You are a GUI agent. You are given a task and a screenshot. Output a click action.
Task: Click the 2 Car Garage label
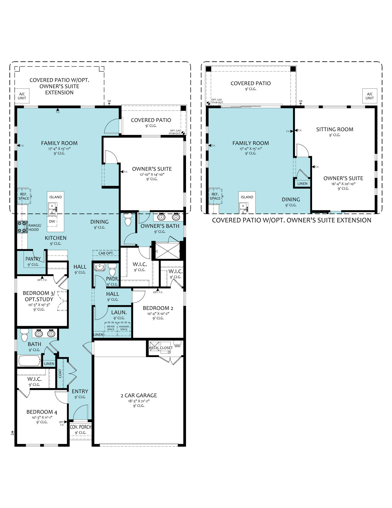point(139,395)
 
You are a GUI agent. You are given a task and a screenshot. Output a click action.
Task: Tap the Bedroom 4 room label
point(42,412)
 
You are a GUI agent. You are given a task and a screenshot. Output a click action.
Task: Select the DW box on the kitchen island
point(52,221)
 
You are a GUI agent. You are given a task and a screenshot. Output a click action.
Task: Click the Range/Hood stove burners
point(22,227)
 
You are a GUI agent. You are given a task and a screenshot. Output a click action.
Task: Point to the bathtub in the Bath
point(29,361)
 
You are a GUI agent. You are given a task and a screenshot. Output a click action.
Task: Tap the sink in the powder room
point(99,267)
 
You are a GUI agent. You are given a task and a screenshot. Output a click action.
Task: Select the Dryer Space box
point(111,329)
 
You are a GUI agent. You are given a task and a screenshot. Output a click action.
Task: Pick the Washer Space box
point(124,329)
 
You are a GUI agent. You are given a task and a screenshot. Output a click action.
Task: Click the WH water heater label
point(177,346)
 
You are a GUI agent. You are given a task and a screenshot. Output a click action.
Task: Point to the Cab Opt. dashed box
point(106,253)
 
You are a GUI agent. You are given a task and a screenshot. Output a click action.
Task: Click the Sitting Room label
point(335,129)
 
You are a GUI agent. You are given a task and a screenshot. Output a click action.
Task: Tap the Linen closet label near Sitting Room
point(302,183)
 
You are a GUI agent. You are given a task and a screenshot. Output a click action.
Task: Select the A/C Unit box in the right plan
point(370,96)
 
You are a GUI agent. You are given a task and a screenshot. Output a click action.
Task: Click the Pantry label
point(33,259)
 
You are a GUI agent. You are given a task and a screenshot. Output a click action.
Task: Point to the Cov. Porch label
point(81,427)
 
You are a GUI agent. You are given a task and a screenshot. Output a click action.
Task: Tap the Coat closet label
point(60,373)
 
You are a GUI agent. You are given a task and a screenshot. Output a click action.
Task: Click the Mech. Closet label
point(160,348)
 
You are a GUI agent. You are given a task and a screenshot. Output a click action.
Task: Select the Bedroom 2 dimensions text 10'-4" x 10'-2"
point(158,313)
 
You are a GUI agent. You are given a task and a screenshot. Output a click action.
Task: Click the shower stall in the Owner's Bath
point(167,251)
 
